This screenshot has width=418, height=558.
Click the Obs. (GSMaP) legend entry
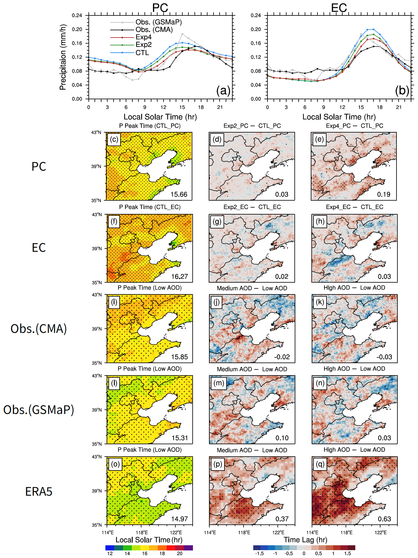[158, 22]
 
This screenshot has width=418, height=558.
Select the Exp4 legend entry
[143, 37]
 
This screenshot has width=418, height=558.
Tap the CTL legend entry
[142, 53]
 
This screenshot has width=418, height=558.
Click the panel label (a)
[223, 90]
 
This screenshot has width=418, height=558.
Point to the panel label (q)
[320, 464]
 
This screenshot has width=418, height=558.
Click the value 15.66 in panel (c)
[179, 194]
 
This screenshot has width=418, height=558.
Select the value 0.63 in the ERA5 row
[384, 519]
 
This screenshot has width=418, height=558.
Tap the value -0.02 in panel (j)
[282, 357]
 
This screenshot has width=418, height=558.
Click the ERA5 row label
[39, 491]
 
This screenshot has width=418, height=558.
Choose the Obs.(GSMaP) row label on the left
[39, 409]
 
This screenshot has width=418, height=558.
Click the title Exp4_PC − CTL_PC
[354, 126]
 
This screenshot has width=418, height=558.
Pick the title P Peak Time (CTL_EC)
[150, 207]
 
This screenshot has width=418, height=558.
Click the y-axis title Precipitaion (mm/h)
[63, 57]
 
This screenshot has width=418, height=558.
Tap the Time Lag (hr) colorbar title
[305, 540]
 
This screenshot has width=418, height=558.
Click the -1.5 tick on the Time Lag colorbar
[259, 553]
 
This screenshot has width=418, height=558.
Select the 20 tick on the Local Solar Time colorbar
[180, 553]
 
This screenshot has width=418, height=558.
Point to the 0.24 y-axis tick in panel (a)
[77, 15]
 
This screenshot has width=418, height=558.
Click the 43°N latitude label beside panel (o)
[97, 457]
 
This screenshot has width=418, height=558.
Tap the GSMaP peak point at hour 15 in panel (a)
[182, 34]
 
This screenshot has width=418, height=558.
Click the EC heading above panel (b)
[339, 8]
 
